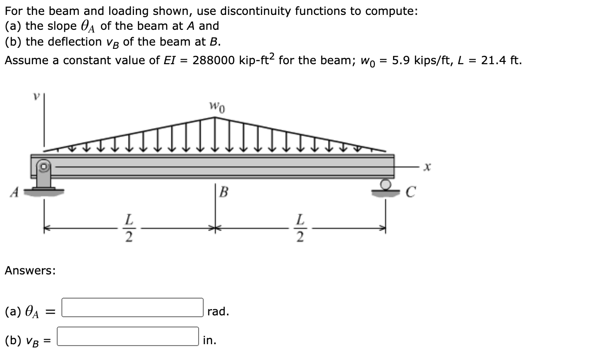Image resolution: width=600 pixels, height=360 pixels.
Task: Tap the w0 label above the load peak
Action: point(217,109)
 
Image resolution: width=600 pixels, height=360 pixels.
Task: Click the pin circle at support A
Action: point(44,165)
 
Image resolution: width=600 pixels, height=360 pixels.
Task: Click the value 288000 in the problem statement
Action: point(213,60)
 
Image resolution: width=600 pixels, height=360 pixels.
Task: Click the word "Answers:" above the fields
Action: point(30,270)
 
